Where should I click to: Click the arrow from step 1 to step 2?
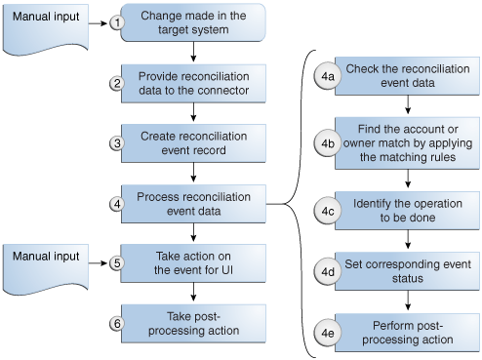coord(196,55)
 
